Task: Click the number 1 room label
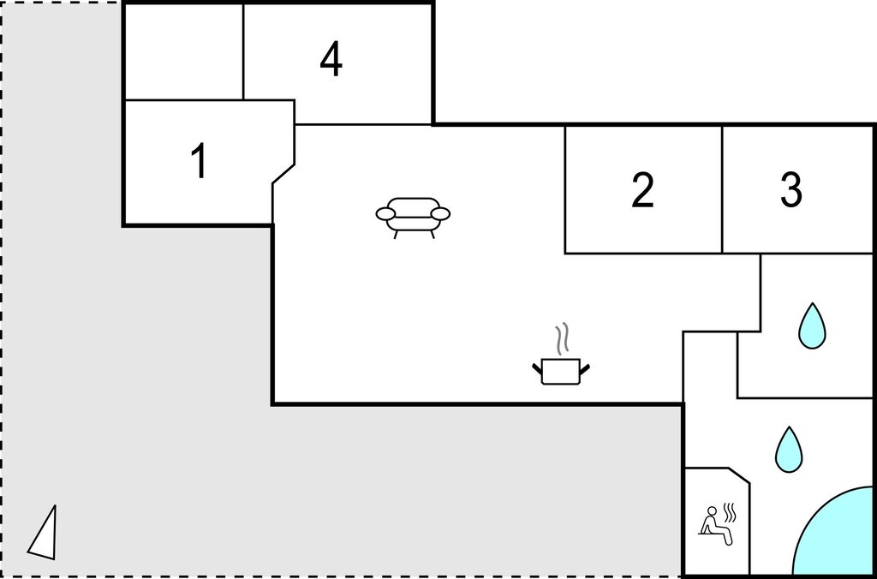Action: pyautogui.click(x=200, y=160)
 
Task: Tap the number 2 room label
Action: pyautogui.click(x=642, y=190)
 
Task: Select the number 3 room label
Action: pyautogui.click(x=790, y=190)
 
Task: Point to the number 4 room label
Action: pyautogui.click(x=331, y=60)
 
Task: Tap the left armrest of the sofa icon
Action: pyautogui.click(x=385, y=213)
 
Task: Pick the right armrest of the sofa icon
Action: pyautogui.click(x=441, y=213)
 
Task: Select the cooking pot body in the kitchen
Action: pyautogui.click(x=560, y=373)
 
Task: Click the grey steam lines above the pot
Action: pyautogui.click(x=561, y=338)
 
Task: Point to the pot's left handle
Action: pyautogui.click(x=537, y=369)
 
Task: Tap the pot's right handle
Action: pyautogui.click(x=584, y=369)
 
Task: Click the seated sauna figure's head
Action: pyautogui.click(x=712, y=510)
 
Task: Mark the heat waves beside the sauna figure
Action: pyautogui.click(x=730, y=513)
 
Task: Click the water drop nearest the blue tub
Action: pyautogui.click(x=789, y=450)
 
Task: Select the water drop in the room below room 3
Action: pyautogui.click(x=812, y=326)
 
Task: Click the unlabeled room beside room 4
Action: pyautogui.click(x=183, y=51)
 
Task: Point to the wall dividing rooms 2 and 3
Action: pyautogui.click(x=722, y=189)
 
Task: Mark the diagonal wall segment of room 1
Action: pyautogui.click(x=283, y=173)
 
